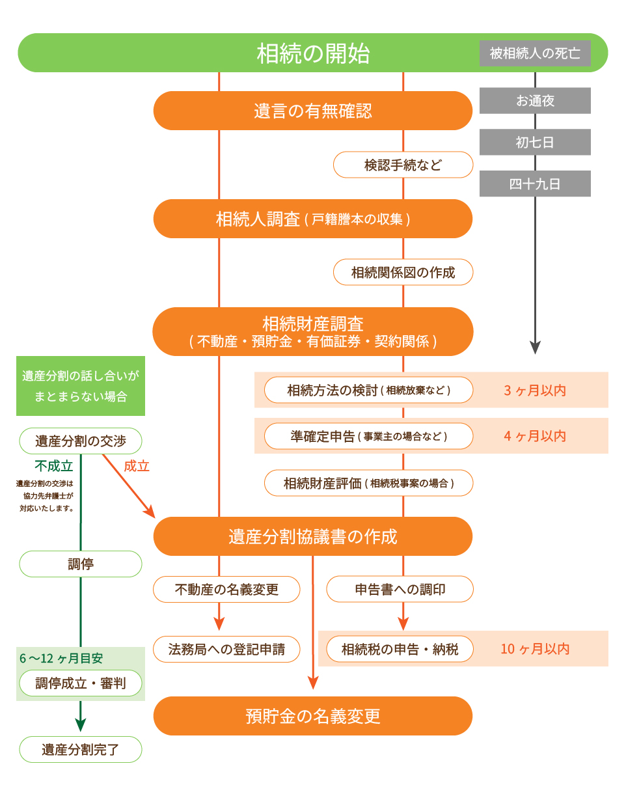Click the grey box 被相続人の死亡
coord(535,53)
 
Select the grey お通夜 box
coord(535,101)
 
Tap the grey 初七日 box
coord(535,143)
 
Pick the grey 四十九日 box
coord(535,184)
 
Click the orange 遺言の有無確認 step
coord(312,111)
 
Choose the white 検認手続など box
coord(403,165)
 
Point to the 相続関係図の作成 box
coord(403,273)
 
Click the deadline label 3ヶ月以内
coord(535,391)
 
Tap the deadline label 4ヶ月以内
coord(535,436)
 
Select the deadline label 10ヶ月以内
coord(535,649)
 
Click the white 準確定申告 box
coord(368,436)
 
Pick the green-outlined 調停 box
coord(81,564)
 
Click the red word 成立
coord(137,466)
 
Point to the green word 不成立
coord(53,466)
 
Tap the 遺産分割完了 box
coord(81,749)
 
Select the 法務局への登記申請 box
coord(227,649)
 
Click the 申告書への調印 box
coord(400,590)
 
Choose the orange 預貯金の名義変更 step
coord(312,716)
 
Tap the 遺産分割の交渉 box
coord(81,441)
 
